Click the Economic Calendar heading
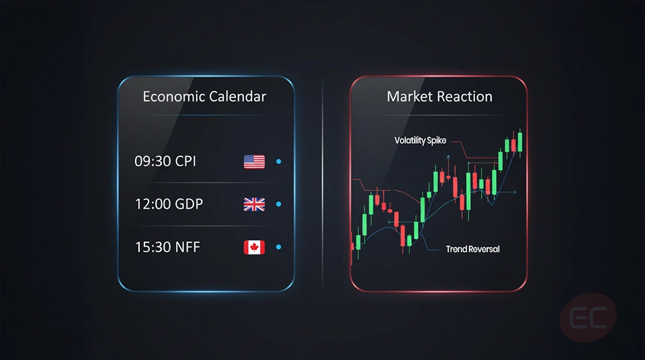click(x=204, y=97)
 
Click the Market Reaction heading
click(x=439, y=97)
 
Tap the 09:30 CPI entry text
click(x=165, y=161)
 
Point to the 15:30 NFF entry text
click(x=167, y=247)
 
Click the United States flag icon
click(x=254, y=161)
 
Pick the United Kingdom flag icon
click(x=254, y=204)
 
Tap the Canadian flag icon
click(x=254, y=247)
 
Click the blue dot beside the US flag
click(x=279, y=161)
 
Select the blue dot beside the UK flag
click(x=279, y=204)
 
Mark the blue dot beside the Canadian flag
click(x=279, y=247)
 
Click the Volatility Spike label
click(x=420, y=141)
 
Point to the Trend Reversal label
click(x=472, y=249)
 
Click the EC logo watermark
click(x=588, y=318)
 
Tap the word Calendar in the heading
click(x=236, y=97)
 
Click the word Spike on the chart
click(x=435, y=141)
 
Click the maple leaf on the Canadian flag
click(x=254, y=247)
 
